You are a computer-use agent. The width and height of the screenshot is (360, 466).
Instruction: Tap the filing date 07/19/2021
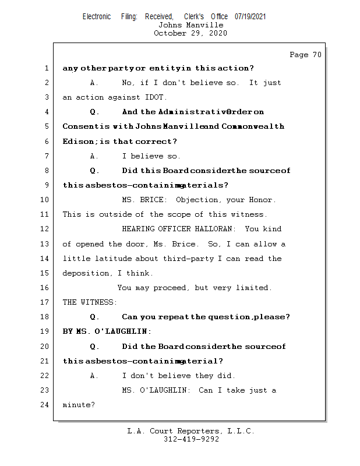tap(250, 17)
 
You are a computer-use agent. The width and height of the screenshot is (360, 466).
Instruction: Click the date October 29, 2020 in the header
tap(190, 33)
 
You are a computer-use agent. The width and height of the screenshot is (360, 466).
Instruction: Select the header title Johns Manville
tap(190, 25)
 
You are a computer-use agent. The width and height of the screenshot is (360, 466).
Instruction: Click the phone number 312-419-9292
tap(191, 439)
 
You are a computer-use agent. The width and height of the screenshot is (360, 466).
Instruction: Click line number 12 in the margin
tap(45, 229)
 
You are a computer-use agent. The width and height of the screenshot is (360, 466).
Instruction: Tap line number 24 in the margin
tap(45, 405)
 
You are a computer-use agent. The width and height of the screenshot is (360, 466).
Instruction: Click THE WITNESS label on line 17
tap(90, 302)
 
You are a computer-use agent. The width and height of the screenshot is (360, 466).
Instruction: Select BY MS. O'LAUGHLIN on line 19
tap(107, 331)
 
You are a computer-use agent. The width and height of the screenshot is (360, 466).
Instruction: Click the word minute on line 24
tap(77, 405)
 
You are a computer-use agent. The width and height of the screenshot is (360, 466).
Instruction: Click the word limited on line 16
tap(255, 288)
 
